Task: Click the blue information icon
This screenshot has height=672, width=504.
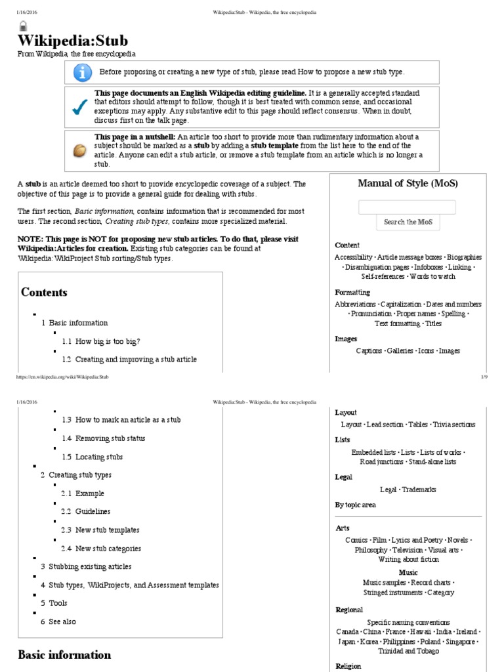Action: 81,73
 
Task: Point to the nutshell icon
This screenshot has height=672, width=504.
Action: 79,150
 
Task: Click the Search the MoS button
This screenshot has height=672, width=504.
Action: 407,222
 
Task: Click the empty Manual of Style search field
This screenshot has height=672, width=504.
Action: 407,207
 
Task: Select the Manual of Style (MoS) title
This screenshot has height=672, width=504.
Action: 408,183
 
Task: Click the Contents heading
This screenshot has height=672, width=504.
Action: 44,292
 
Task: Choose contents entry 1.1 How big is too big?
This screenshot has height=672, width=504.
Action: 102,341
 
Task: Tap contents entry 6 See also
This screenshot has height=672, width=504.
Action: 58,621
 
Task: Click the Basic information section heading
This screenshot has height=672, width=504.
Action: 64,655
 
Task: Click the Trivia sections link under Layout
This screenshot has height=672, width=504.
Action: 453,425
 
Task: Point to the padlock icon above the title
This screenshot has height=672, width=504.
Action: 23,27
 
